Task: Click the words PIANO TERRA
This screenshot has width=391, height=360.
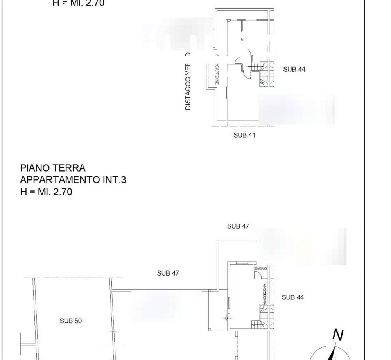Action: (x=53, y=168)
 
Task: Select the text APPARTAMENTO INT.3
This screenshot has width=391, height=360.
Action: (x=73, y=180)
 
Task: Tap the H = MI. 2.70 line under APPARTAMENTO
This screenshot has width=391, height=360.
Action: (x=46, y=192)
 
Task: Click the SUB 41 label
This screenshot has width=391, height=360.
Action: (x=244, y=135)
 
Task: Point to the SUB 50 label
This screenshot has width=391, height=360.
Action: (x=71, y=321)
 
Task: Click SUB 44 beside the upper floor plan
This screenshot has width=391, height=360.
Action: (x=294, y=69)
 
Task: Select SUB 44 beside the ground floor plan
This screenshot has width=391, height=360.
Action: (x=293, y=297)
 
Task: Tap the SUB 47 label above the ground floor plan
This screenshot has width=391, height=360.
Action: (x=238, y=226)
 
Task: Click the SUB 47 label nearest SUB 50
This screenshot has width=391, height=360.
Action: (x=168, y=274)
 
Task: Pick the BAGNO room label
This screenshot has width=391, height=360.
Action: (x=260, y=269)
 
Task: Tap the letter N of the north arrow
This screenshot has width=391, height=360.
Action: (x=338, y=335)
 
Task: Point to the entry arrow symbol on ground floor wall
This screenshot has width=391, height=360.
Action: (x=226, y=318)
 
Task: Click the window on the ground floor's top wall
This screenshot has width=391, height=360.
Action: (x=241, y=264)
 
